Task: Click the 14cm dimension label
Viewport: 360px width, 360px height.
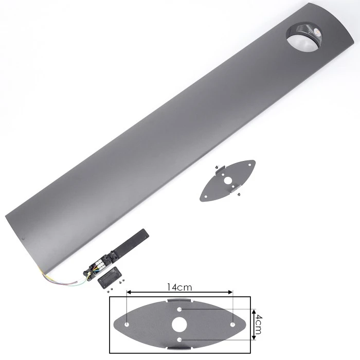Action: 179,287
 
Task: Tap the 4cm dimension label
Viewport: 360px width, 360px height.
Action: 259,325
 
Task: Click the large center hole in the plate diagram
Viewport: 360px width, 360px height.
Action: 179,325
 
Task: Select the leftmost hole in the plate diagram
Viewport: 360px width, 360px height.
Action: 127,325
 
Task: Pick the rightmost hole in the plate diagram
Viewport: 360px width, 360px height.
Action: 232,325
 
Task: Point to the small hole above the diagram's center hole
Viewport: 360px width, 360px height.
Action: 179,310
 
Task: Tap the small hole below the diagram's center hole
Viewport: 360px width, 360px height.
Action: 179,339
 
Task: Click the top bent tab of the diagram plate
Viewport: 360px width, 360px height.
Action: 179,300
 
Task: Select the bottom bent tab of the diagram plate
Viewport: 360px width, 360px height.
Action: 179,348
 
